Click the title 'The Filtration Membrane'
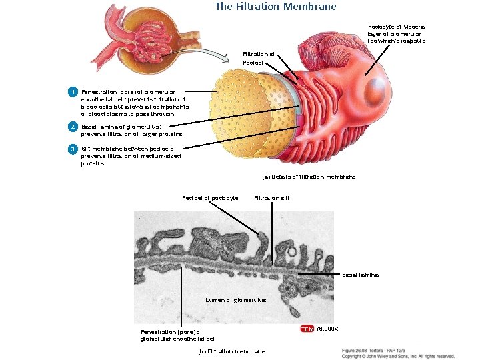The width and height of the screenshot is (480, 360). (275, 7)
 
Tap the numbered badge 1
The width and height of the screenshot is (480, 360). (73, 91)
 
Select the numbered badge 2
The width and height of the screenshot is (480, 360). (73, 127)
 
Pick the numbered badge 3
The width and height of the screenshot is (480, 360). (73, 149)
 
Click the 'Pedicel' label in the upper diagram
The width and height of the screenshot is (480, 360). (253, 63)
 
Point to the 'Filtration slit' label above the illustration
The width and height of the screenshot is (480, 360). (259, 54)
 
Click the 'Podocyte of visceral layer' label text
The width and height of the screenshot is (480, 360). (396, 33)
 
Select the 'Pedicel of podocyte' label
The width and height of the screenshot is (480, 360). (210, 198)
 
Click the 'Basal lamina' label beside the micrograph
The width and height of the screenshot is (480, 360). (360, 275)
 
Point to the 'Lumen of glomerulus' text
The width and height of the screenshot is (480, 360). (236, 300)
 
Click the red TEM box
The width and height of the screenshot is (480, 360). (307, 329)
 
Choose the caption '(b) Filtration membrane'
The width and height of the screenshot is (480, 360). (231, 351)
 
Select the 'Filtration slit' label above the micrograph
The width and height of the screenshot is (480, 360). (272, 198)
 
